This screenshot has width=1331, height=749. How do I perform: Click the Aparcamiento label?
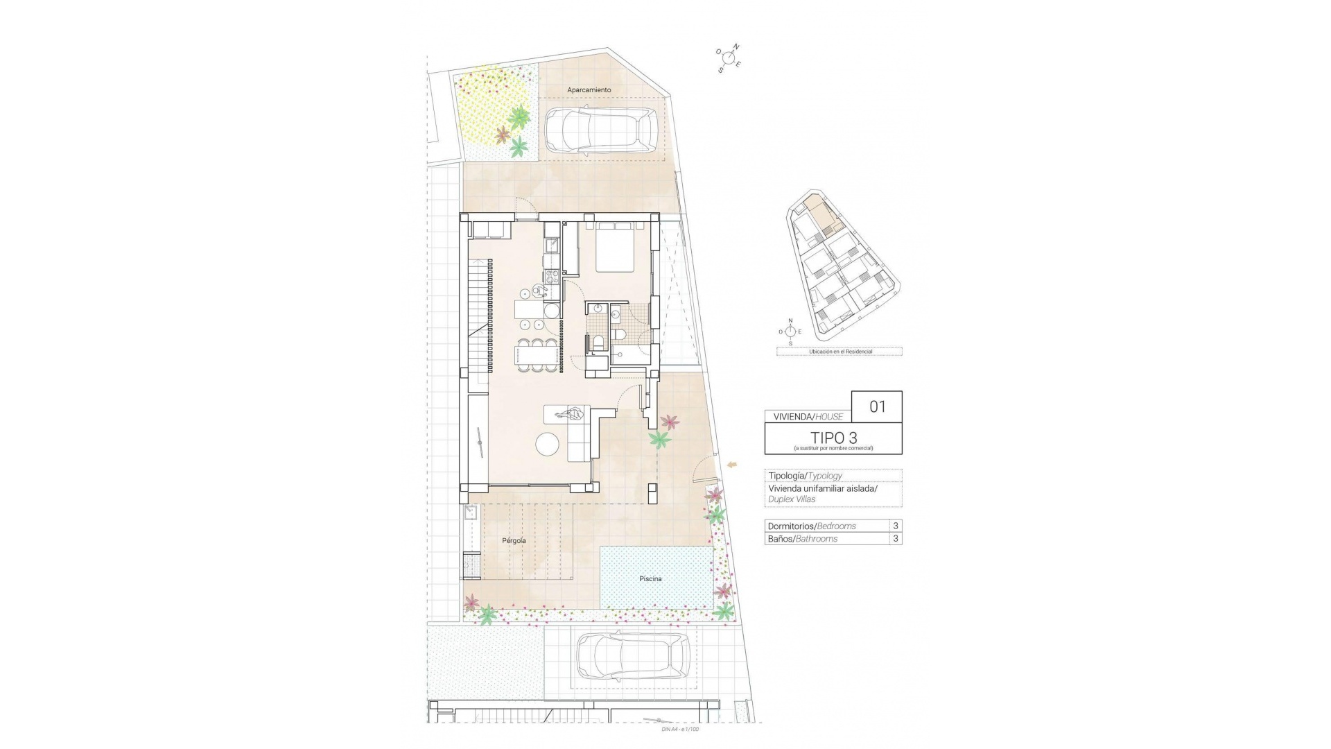(589, 90)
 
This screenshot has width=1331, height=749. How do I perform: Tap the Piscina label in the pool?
(650, 578)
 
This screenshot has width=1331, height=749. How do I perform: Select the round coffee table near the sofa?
(549, 445)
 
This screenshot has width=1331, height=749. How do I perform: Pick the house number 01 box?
(877, 406)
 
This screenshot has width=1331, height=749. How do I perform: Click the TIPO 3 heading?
(833, 438)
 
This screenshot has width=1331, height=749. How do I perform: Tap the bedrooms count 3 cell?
(896, 526)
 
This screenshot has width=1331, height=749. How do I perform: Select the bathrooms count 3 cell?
(896, 539)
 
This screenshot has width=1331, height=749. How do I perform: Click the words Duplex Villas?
(792, 499)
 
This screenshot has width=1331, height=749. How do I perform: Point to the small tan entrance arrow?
(733, 465)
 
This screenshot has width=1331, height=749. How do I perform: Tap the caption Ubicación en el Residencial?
(840, 352)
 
